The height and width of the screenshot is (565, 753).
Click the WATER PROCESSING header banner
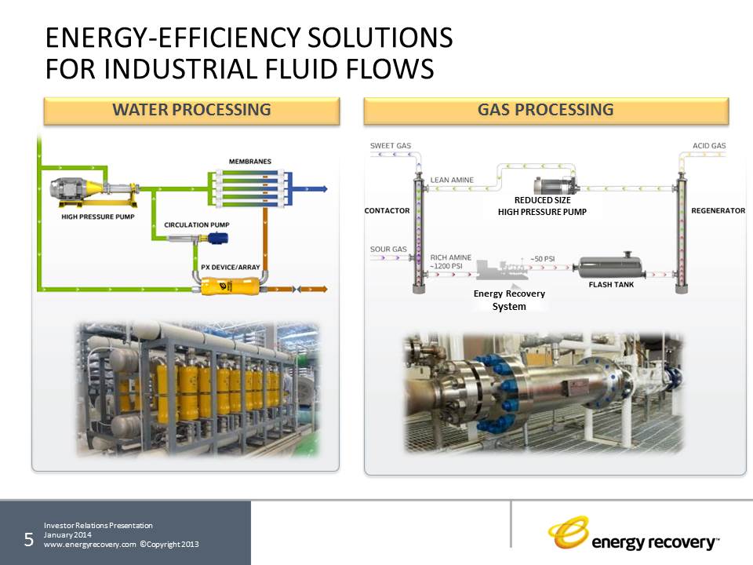(191, 110)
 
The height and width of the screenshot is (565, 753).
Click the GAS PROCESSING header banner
(546, 110)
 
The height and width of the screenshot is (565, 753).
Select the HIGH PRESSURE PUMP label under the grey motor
(96, 217)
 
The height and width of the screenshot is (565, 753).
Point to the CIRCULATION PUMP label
(196, 224)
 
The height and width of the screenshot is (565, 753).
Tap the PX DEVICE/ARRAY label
(230, 267)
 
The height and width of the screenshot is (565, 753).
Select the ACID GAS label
(709, 146)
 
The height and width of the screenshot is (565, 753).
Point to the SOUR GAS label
(388, 250)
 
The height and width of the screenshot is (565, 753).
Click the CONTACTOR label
(387, 210)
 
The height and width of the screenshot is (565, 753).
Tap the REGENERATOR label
(718, 210)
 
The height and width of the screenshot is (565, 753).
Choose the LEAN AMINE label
(452, 180)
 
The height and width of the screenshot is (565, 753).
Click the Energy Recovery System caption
(509, 300)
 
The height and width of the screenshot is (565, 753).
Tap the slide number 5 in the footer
(28, 539)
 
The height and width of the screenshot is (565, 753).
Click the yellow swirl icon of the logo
(567, 533)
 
